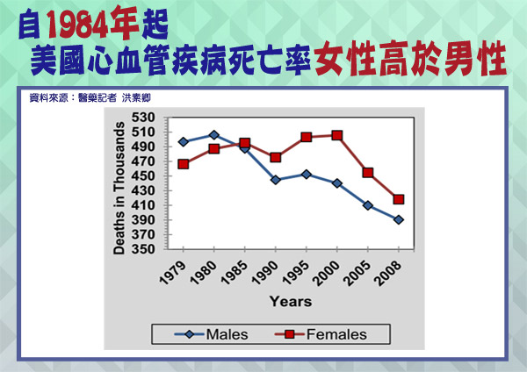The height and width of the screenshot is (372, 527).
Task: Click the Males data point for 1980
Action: (x=214, y=135)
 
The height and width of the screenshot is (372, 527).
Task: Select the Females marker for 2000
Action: (x=337, y=135)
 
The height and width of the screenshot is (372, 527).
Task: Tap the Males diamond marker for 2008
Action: (x=399, y=220)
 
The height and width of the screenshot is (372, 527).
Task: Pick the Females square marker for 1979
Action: (x=184, y=164)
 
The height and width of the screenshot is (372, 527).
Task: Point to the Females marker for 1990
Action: (x=276, y=157)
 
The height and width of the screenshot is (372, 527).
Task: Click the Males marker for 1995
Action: (x=307, y=175)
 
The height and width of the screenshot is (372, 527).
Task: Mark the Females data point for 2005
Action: (x=368, y=173)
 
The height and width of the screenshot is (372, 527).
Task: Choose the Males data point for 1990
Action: (x=276, y=180)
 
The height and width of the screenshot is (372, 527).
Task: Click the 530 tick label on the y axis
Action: (x=143, y=118)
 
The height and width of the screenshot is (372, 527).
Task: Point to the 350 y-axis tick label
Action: (x=143, y=249)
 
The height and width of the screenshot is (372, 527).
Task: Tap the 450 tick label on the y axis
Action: (x=143, y=176)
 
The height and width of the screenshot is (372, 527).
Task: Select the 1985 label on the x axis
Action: (x=235, y=273)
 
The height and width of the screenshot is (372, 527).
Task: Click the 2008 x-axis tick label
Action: (x=389, y=273)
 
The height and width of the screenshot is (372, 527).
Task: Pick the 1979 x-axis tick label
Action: (x=173, y=273)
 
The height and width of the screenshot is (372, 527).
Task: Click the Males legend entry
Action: (x=212, y=334)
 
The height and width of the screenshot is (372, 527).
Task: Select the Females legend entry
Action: (x=321, y=334)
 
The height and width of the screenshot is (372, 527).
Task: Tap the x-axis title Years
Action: (x=291, y=302)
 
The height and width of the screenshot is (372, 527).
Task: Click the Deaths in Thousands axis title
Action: (x=119, y=188)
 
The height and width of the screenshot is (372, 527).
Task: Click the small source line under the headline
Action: (x=90, y=97)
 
